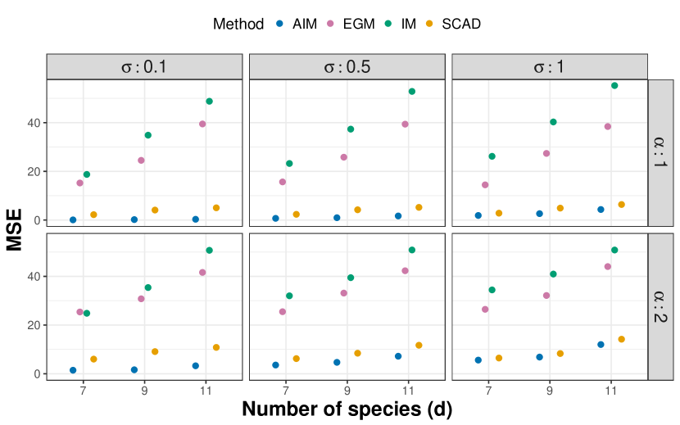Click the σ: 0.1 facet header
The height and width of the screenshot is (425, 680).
[x=144, y=67]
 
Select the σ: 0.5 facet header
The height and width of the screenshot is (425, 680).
[x=347, y=67]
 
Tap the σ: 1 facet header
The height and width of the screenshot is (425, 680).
[x=549, y=67]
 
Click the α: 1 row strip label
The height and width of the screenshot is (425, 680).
[x=660, y=152]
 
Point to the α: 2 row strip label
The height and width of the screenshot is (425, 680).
[x=660, y=306]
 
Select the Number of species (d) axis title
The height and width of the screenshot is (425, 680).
[x=347, y=409]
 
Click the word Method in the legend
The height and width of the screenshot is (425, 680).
[x=238, y=25]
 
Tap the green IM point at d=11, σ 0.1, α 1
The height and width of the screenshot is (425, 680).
[x=209, y=102]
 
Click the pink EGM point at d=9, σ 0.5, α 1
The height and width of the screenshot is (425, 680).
[x=344, y=157]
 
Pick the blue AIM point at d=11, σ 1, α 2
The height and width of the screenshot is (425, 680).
[x=601, y=345]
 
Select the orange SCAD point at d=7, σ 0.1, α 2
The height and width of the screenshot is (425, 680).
[x=93, y=359]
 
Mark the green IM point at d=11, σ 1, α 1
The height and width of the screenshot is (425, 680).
[x=614, y=85]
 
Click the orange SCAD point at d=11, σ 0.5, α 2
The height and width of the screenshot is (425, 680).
[x=419, y=346]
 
